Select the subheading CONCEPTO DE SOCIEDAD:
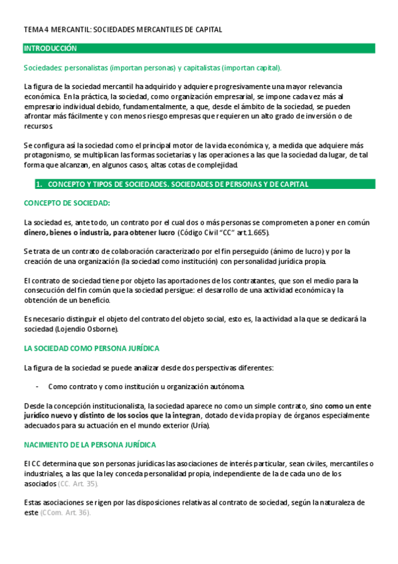pos(66,203)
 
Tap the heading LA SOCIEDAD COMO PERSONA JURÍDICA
pos(91,349)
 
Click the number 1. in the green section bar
pos(39,184)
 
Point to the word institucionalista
pos(116,406)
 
